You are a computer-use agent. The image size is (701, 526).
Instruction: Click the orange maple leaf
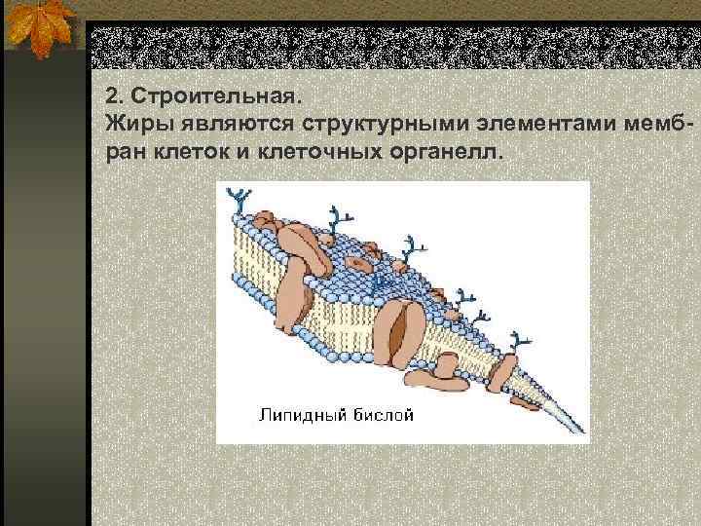[x=41, y=29]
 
